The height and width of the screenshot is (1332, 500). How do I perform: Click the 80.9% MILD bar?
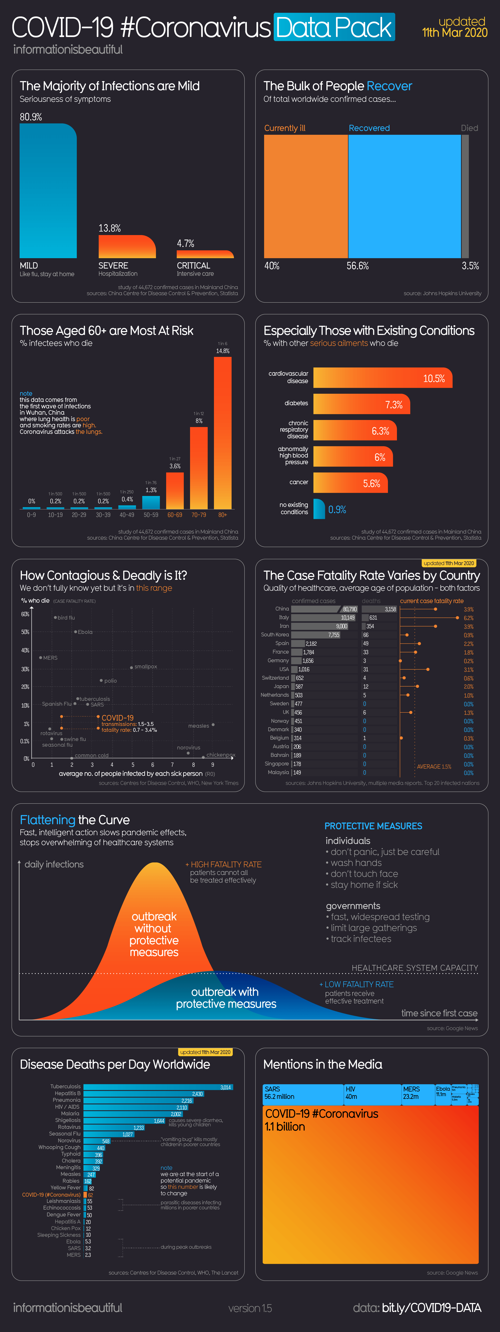pyautogui.click(x=48, y=191)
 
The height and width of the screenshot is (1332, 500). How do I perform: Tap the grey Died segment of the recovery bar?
pyautogui.click(x=465, y=196)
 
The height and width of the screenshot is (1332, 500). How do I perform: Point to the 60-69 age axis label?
pyautogui.click(x=175, y=515)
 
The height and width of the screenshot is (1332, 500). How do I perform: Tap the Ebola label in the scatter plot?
pyautogui.click(x=85, y=632)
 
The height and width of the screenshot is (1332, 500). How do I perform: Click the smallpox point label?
pyautogui.click(x=145, y=667)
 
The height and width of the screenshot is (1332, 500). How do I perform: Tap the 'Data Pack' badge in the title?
pyautogui.click(x=334, y=27)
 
